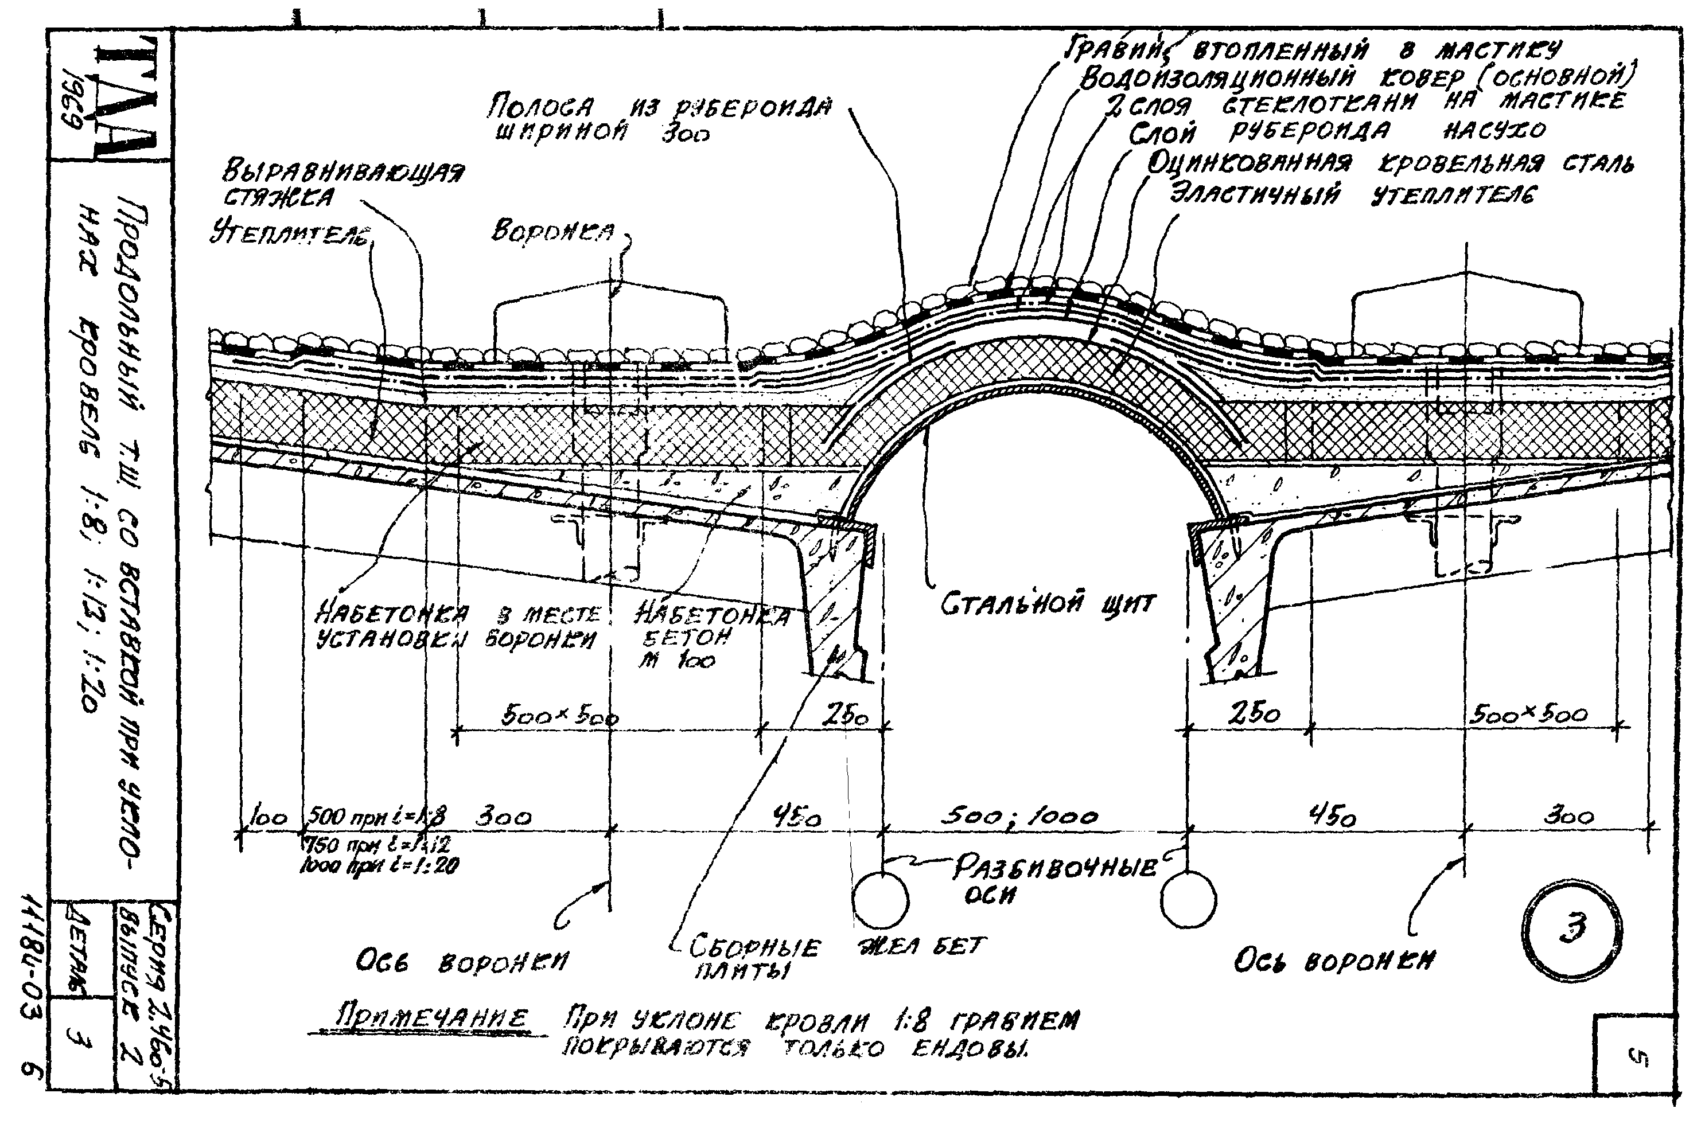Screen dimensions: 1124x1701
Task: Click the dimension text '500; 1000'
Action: pos(1019,817)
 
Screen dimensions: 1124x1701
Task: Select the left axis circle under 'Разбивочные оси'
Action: pos(881,900)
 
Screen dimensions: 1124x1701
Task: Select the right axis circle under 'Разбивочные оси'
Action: pos(1188,900)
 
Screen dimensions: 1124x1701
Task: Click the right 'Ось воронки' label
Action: pos(1334,961)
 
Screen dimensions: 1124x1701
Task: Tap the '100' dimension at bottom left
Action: pos(268,818)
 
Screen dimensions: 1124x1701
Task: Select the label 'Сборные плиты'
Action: pos(753,958)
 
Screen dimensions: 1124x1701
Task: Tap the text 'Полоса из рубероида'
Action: pos(660,108)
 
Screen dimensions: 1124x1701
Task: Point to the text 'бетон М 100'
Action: pos(685,649)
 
